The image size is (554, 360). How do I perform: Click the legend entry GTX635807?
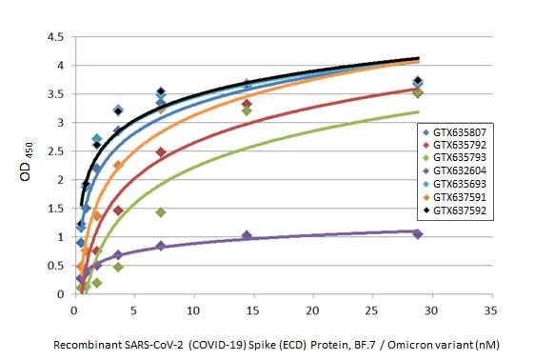[458, 130]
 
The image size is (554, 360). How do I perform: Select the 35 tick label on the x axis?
[490, 310]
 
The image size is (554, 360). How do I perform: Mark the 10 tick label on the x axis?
[193, 310]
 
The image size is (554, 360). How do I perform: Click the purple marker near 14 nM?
[247, 235]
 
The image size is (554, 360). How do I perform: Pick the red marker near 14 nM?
[247, 104]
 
